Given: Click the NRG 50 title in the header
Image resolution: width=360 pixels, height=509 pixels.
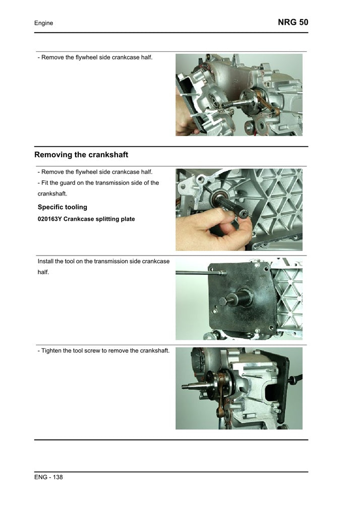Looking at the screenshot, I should point(292,22).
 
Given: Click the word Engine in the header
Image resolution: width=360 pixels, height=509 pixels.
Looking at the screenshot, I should point(44,23).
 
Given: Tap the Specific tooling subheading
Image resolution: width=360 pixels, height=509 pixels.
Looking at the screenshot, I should point(63,207).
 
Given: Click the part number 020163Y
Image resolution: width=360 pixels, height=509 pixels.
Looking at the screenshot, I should point(50,219).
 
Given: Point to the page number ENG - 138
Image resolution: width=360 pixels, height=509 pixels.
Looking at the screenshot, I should point(48,477).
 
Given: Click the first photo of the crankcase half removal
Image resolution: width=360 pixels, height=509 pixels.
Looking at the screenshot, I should point(239,95).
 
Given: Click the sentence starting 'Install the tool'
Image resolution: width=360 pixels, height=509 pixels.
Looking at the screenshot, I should point(103,262).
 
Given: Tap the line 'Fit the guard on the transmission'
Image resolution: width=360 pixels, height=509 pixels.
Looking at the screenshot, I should point(98,183).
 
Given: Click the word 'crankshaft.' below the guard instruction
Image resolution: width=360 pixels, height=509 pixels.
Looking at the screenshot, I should point(52,194).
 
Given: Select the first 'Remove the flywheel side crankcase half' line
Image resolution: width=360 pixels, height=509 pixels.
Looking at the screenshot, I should point(95,57).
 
